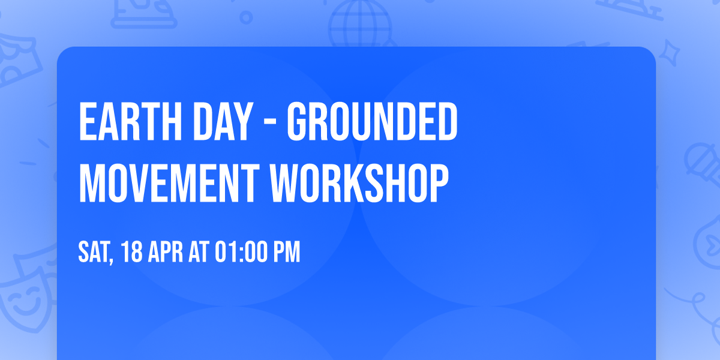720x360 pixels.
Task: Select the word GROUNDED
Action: click(371, 122)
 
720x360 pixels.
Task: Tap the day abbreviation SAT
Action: click(93, 252)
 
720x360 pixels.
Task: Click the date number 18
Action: click(133, 252)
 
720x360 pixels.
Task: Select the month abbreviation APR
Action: click(166, 252)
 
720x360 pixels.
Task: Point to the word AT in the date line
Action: click(199, 252)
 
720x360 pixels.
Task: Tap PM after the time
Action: click(287, 252)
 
